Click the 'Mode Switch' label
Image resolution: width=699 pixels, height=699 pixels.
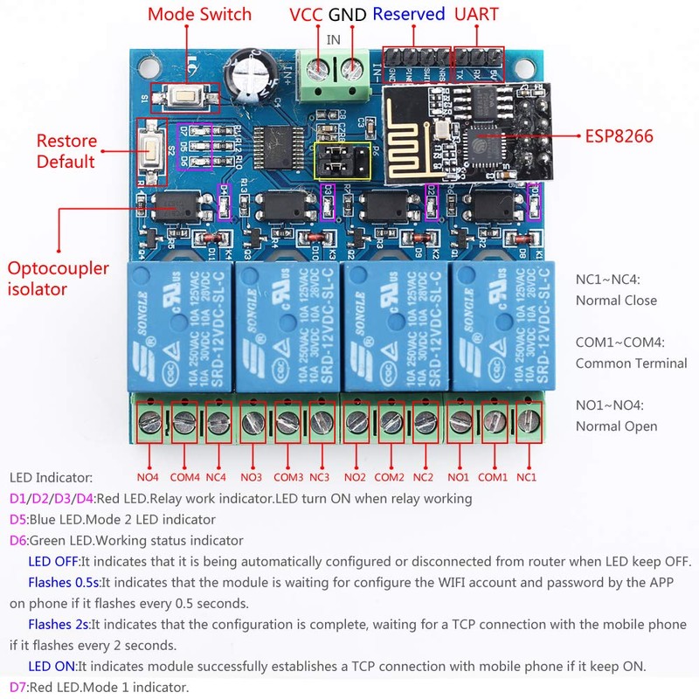tap(199, 14)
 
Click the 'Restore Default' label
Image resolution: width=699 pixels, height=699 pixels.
tap(66, 150)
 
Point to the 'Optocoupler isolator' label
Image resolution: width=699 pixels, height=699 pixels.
tap(63, 276)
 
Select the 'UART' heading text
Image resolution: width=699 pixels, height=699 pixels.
tap(477, 14)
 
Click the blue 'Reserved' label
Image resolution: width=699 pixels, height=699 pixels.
tap(408, 14)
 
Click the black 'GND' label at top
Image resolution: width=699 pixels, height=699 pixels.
tap(348, 14)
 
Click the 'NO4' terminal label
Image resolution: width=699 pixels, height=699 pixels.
tap(149, 477)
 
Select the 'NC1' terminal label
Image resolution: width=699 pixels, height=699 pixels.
tap(526, 477)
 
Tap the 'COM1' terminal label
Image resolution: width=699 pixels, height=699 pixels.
tap(492, 477)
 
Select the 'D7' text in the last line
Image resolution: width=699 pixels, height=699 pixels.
tap(18, 688)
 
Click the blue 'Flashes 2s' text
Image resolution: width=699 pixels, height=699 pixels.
tap(59, 624)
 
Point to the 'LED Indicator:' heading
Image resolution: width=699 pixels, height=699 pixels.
tap(51, 478)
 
